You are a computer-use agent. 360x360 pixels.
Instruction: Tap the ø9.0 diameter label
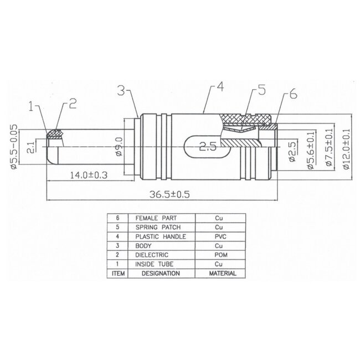click(x=119, y=149)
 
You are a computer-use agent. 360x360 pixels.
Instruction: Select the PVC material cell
click(x=219, y=236)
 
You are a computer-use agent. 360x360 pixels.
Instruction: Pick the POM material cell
click(x=219, y=255)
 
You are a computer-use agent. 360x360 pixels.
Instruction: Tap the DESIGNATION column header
click(x=160, y=273)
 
